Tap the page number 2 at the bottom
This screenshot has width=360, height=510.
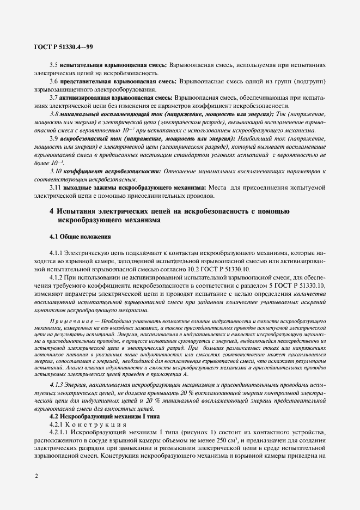36,476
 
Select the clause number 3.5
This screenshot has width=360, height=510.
53,64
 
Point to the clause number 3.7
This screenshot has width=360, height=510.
53,98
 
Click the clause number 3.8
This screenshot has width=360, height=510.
53,114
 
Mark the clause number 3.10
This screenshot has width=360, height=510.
54,172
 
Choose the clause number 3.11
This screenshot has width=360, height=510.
55,188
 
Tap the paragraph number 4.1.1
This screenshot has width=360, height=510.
57,253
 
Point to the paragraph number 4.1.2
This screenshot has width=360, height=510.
57,278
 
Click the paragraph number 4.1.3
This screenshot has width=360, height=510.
58,385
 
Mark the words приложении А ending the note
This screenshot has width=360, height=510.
170,375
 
